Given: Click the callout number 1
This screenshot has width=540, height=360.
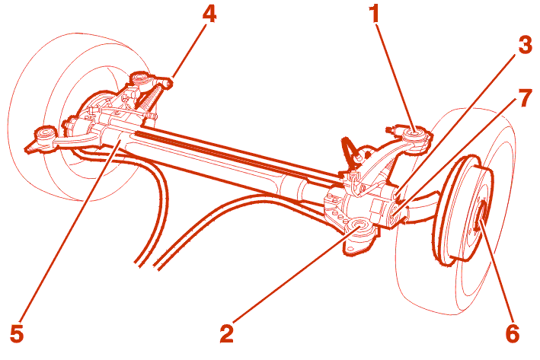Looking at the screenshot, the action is click(374, 14).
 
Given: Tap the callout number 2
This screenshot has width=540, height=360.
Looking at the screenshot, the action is click(227, 333).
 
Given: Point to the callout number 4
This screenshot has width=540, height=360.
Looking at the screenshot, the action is click(209, 14).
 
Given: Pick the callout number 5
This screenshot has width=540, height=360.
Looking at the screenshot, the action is click(17, 333).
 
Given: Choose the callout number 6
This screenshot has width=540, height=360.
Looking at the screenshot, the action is click(513, 333).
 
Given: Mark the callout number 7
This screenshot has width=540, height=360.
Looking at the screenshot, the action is click(526, 97).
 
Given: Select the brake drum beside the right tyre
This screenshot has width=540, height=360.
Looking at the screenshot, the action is click(462, 211).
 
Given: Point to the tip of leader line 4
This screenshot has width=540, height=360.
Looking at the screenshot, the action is click(173, 78).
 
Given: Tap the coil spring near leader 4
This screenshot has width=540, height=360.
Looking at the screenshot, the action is click(148, 96).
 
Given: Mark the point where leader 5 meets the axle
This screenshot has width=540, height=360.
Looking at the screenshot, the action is click(119, 140).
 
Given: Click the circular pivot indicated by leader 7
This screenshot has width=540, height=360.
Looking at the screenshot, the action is click(395, 211).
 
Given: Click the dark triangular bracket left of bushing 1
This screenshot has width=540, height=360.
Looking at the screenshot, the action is click(349, 148).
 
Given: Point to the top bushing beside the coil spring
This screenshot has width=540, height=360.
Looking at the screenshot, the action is click(139, 78).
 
